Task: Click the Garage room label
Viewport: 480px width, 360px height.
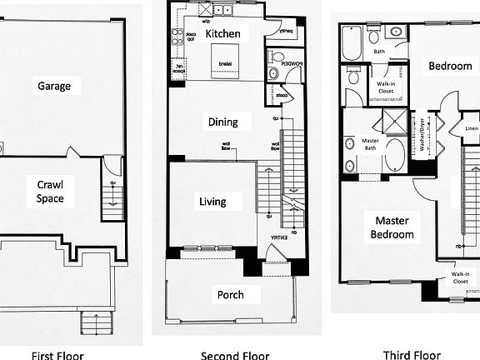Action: click(53, 86)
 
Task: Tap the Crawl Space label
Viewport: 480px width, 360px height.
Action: click(50, 191)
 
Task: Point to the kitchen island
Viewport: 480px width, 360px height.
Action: click(225, 66)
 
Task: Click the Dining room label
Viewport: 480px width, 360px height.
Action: click(222, 122)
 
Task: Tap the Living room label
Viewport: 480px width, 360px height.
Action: click(214, 201)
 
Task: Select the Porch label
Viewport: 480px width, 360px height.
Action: click(231, 294)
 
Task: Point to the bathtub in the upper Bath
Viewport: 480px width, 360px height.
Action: click(351, 42)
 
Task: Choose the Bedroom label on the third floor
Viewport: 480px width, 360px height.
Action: click(450, 66)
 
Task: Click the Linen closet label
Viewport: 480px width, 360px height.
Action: click(472, 129)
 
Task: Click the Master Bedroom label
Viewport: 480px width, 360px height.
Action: click(393, 227)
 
